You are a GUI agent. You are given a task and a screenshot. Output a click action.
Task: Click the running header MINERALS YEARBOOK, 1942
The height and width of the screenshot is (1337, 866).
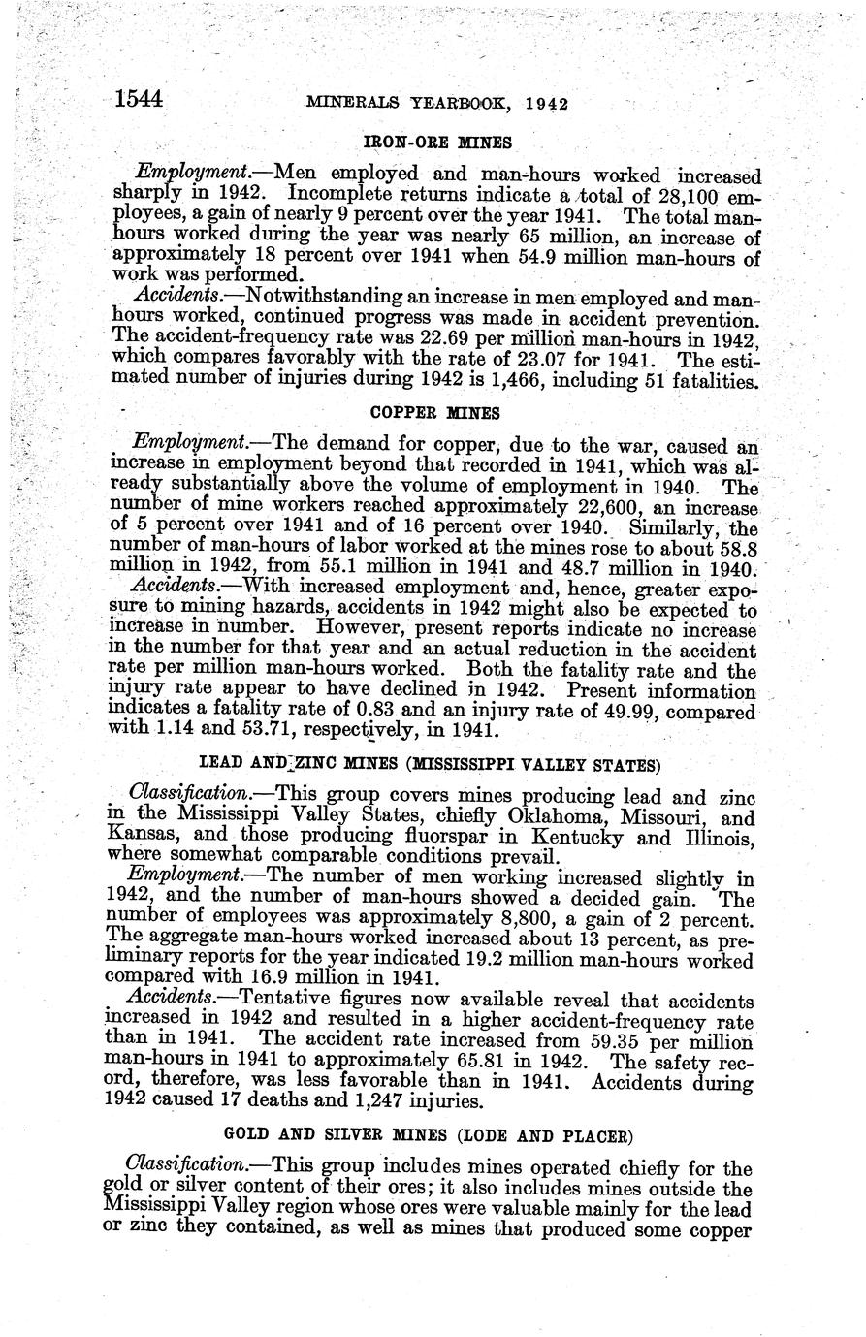pos(436,103)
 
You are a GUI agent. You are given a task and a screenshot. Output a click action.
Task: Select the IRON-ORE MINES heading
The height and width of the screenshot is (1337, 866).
pos(436,143)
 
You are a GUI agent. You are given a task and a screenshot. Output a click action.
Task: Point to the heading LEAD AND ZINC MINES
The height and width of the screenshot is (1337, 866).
pos(430,764)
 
